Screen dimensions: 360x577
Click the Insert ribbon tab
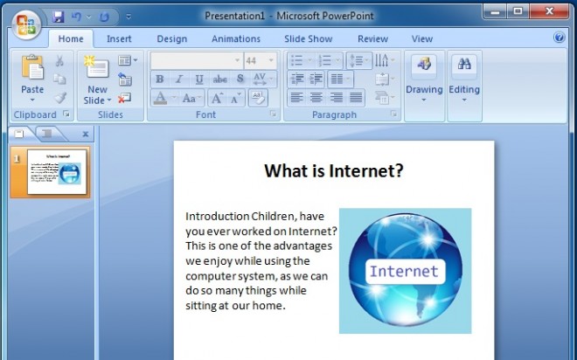click(x=119, y=38)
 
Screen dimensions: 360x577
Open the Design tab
click(x=172, y=38)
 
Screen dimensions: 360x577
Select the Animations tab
click(x=236, y=38)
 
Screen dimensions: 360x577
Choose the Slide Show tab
click(x=308, y=38)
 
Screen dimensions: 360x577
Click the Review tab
click(x=372, y=38)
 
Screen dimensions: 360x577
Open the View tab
click(x=422, y=38)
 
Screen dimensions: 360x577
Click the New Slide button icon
click(x=96, y=68)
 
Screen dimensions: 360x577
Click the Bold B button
click(x=160, y=80)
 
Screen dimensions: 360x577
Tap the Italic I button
click(x=179, y=80)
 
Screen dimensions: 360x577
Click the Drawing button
click(x=424, y=77)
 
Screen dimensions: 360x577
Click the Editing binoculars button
click(x=464, y=77)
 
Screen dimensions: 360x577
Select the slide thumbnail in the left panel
click(x=57, y=171)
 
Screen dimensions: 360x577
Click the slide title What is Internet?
click(x=333, y=170)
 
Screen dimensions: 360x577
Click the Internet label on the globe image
click(x=403, y=271)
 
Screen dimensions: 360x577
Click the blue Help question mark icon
click(x=560, y=38)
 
